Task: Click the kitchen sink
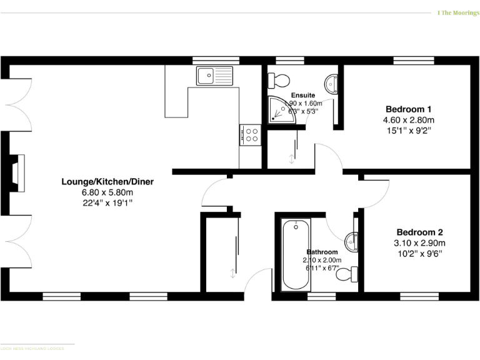214,76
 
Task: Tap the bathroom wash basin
352,239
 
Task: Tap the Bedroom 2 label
419,232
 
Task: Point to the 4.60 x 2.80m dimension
409,119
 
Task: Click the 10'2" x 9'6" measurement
419,254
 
